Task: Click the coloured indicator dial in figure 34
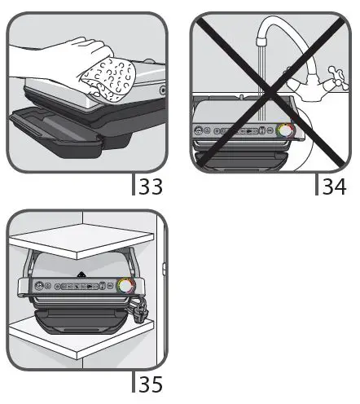coord(286,130)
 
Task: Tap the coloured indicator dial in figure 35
coord(126,286)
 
